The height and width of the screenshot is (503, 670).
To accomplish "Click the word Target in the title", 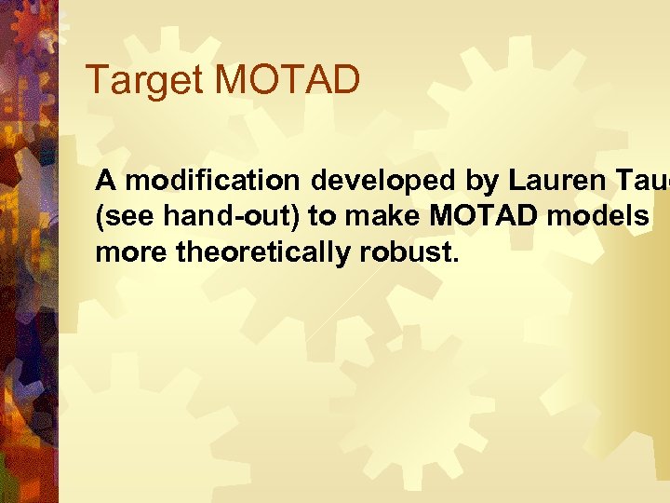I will (145, 82).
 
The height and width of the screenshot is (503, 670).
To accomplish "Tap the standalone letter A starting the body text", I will (106, 180).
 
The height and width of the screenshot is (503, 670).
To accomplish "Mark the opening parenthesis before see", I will (100, 216).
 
